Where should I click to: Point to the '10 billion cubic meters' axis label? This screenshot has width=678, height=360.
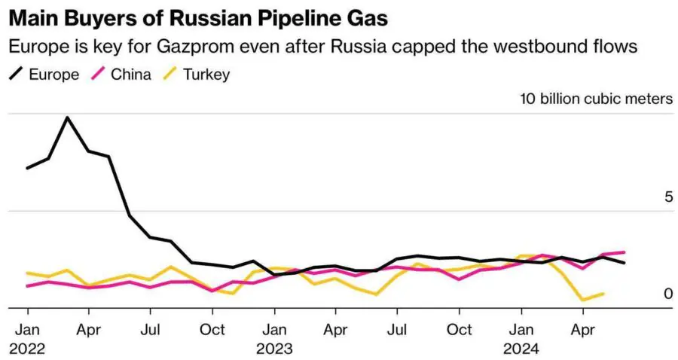click(x=596, y=99)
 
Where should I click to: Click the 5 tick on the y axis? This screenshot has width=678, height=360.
click(x=667, y=197)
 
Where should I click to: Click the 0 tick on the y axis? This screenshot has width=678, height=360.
click(x=667, y=294)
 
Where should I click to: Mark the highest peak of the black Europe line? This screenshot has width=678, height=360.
click(x=68, y=117)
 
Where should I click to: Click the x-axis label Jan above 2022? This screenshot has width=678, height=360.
click(x=27, y=330)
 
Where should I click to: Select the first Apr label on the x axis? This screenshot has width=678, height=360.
click(x=89, y=330)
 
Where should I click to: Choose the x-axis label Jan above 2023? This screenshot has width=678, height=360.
click(x=274, y=330)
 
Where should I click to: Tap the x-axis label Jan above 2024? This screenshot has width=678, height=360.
click(x=521, y=330)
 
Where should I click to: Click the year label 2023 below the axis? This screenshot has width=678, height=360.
click(x=274, y=349)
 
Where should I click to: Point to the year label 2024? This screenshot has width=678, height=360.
click(x=521, y=349)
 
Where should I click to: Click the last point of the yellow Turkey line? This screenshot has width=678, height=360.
click(x=603, y=294)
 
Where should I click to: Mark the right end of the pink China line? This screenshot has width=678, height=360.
click(x=625, y=252)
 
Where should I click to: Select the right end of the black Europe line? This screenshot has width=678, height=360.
click(x=625, y=263)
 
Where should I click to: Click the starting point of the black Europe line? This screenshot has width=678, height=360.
click(x=27, y=168)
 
